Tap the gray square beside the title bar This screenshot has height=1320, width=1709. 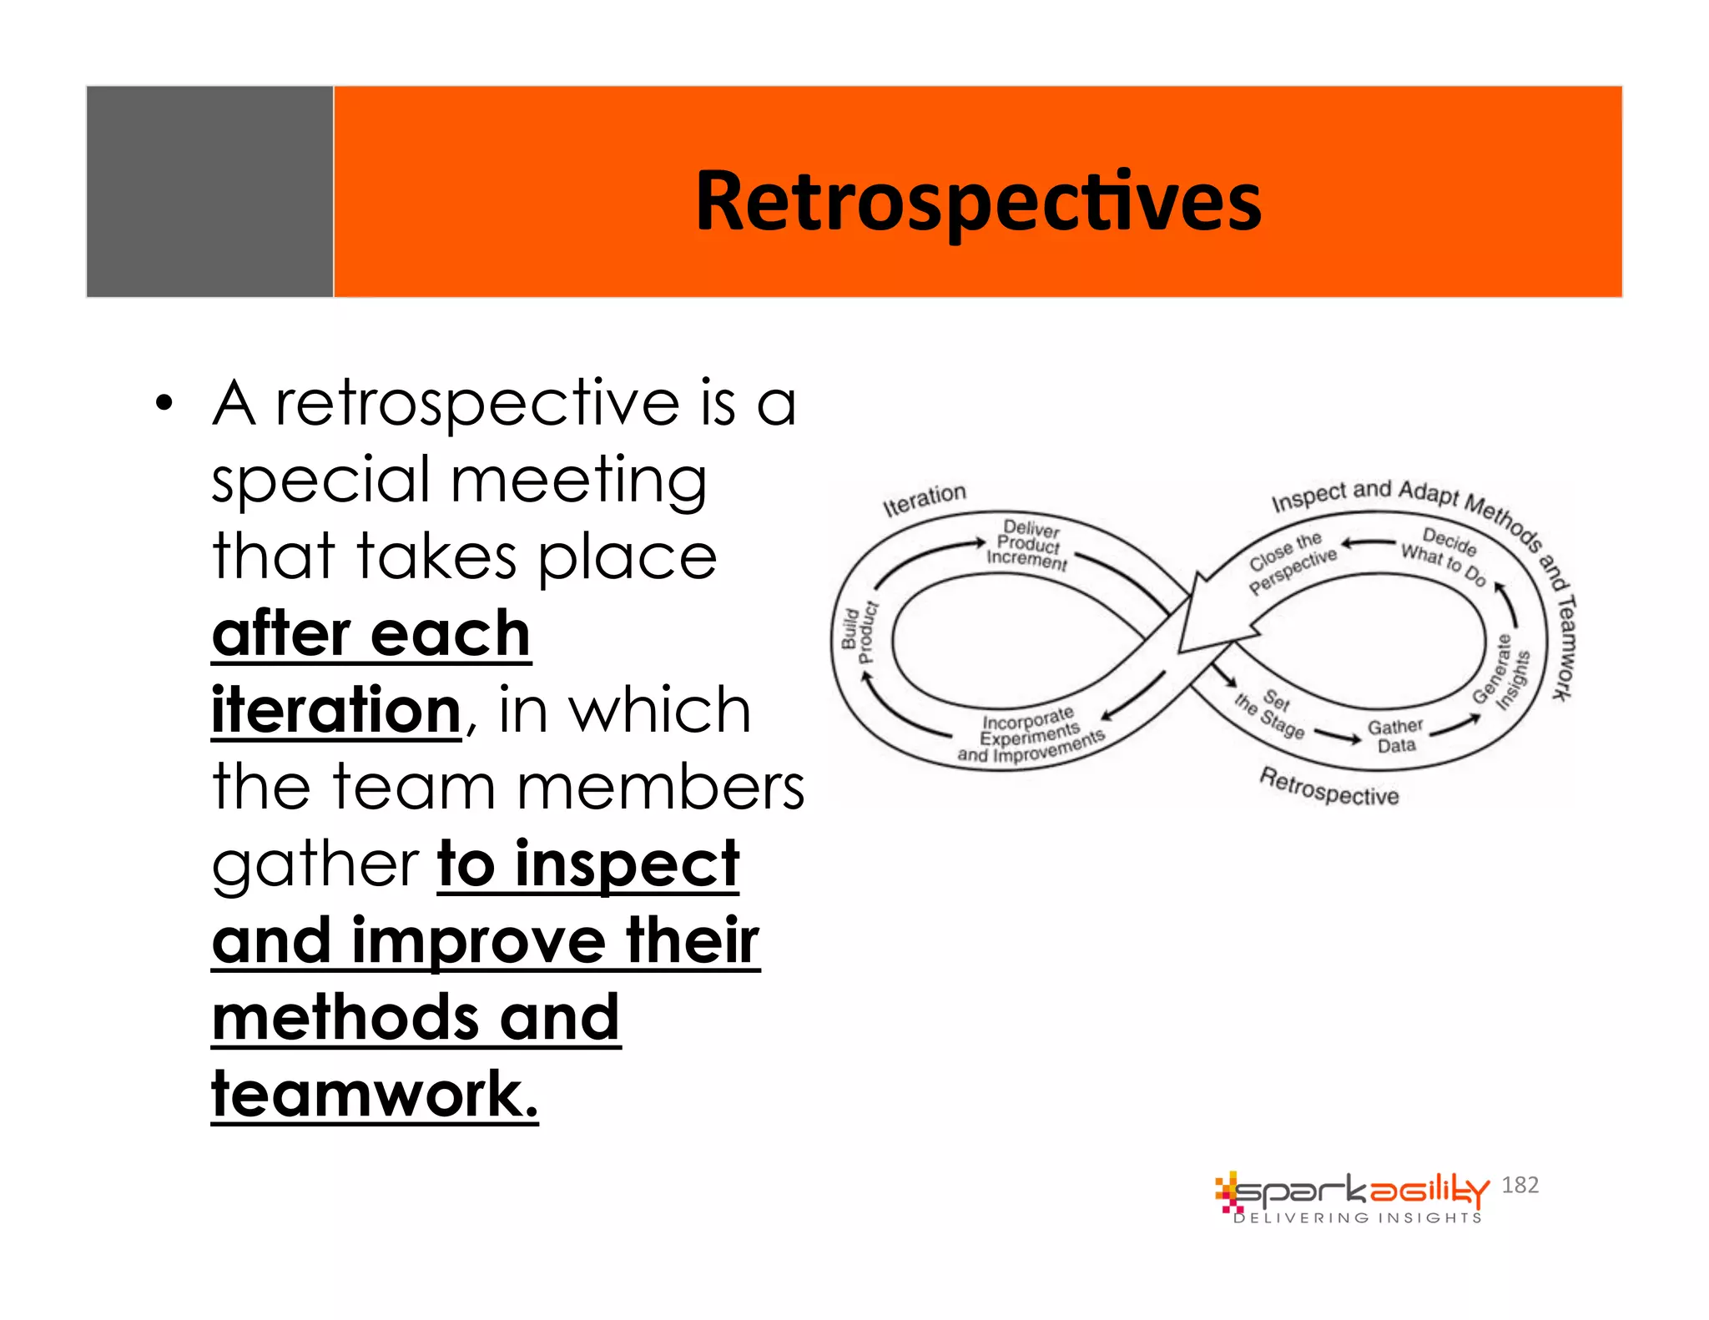tap(209, 191)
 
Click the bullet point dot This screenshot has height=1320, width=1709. tap(164, 404)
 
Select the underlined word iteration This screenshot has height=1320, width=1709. tap(335, 710)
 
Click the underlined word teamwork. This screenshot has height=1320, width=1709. tap(375, 1094)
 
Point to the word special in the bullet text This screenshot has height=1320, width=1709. tap(321, 481)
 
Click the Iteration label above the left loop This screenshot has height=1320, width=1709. tap(924, 499)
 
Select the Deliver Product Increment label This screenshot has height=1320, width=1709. tap(1028, 544)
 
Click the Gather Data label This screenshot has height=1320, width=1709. tap(1394, 735)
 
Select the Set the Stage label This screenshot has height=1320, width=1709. tap(1270, 713)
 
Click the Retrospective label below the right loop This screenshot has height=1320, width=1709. tap(1328, 787)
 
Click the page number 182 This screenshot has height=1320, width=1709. tap(1520, 1184)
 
